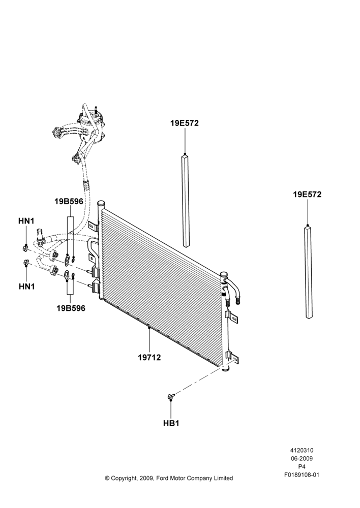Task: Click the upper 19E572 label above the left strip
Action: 185,123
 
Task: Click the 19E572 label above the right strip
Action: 307,195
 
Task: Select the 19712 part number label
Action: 149,357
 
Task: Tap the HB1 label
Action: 171,423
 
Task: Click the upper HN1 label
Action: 26,221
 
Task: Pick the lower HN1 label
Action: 26,287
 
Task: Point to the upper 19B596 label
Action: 69,202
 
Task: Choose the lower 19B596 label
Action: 71,308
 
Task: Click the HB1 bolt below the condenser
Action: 171,396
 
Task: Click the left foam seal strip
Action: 185,201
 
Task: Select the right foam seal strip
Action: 309,272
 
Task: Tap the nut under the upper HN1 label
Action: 25,248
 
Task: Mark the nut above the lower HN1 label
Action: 26,263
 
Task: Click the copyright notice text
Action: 169,478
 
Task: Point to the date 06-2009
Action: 302,458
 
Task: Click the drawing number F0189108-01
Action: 302,475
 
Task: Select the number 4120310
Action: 302,450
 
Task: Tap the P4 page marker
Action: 302,467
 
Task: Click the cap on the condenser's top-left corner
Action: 102,204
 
